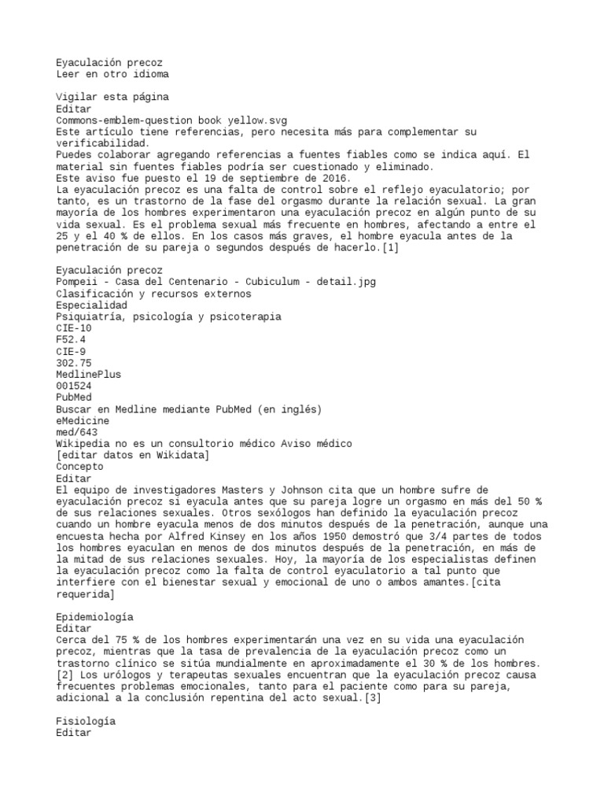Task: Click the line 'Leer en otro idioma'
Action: [112, 74]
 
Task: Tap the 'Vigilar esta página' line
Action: [112, 97]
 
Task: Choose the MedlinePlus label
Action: [89, 375]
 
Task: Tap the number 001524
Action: [75, 386]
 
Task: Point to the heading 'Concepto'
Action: [80, 467]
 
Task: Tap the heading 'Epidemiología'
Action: [95, 616]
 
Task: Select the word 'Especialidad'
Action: [92, 305]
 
